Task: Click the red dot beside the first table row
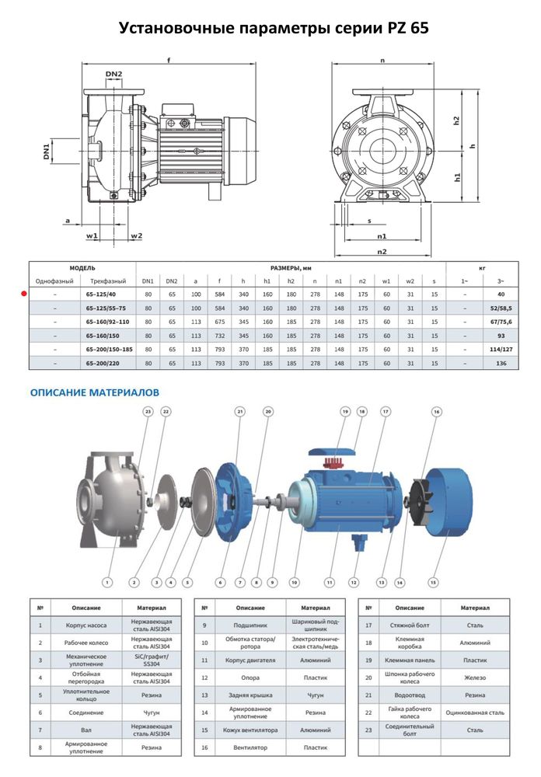pos(24,294)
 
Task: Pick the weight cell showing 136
pos(501,363)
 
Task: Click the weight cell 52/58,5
pos(501,308)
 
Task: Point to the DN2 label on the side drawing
pos(113,75)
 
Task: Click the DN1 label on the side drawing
pos(47,150)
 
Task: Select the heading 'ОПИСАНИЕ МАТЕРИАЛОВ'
pos(94,393)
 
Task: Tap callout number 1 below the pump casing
pos(108,580)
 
